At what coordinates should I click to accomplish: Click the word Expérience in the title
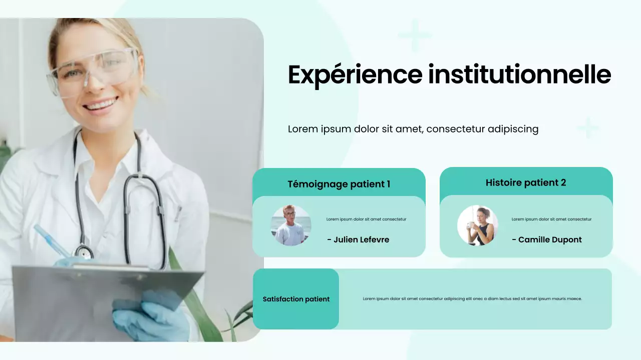tap(355, 75)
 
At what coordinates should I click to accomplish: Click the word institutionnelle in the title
tap(520, 75)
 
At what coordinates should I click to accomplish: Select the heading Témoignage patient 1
tap(339, 184)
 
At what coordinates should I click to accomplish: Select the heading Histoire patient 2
tap(526, 182)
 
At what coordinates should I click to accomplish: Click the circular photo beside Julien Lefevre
tap(291, 225)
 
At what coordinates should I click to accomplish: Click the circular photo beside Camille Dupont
tap(478, 225)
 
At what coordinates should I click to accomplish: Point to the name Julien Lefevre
tap(358, 239)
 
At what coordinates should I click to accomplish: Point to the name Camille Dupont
tap(547, 239)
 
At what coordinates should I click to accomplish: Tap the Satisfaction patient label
tap(296, 299)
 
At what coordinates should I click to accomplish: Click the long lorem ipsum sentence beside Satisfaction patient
tap(472, 299)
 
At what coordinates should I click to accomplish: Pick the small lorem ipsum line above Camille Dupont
tap(551, 219)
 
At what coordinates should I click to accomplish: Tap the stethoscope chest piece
tap(83, 251)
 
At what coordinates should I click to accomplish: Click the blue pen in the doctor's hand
tap(52, 241)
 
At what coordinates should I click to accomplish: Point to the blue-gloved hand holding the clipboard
tap(150, 315)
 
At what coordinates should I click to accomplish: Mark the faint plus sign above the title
tap(414, 35)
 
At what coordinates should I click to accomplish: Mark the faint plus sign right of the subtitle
tap(588, 128)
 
